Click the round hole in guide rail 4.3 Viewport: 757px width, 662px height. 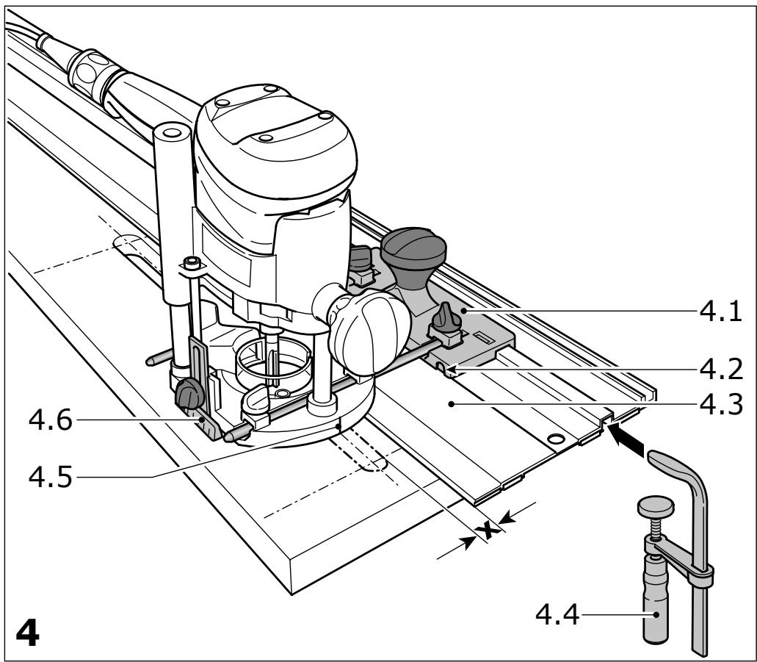pos(555,439)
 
